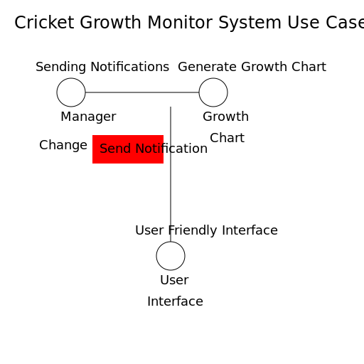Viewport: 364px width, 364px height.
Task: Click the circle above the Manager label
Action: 71,92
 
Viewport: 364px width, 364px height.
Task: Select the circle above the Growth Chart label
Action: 213,92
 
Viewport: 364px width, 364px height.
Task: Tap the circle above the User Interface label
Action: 171,256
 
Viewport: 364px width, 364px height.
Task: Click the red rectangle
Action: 128,149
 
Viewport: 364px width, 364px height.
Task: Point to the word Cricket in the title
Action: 44,23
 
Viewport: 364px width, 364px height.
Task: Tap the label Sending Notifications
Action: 102,68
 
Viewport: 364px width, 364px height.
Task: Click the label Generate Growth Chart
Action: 252,68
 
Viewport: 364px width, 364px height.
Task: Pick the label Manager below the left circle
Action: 88,117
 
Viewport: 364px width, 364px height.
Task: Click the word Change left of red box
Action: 63,146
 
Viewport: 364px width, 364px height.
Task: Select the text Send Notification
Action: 154,149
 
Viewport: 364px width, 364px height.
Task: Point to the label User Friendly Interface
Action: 206,231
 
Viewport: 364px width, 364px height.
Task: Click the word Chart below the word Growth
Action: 227,139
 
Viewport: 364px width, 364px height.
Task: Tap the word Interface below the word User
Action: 175,302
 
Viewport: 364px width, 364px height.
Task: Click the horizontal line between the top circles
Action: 142,92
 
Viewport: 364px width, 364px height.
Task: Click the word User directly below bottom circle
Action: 174,281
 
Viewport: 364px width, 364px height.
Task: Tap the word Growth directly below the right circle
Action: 225,117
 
